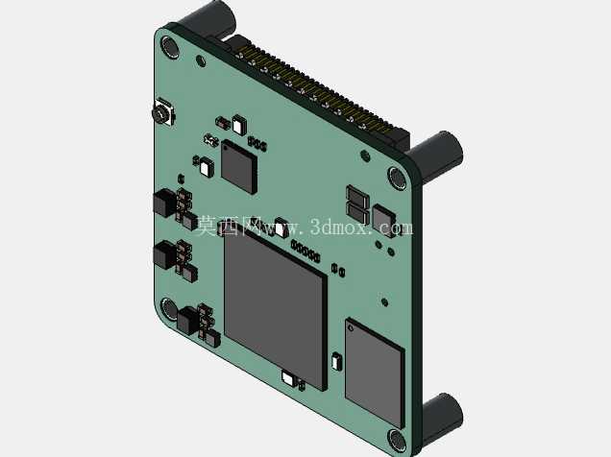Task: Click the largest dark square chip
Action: pyautogui.click(x=275, y=307)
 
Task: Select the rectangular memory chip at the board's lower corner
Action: pyautogui.click(x=375, y=373)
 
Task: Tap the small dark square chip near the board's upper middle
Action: pyautogui.click(x=239, y=166)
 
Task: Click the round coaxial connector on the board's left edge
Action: pyautogui.click(x=161, y=112)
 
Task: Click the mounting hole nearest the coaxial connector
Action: pyautogui.click(x=169, y=47)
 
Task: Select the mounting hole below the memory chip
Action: pyautogui.click(x=397, y=440)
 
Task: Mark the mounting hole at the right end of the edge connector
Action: pyautogui.click(x=397, y=178)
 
